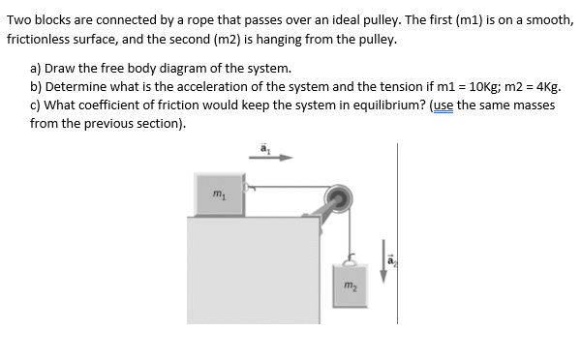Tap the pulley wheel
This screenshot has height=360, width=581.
click(x=338, y=201)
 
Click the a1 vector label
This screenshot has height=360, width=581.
click(x=262, y=146)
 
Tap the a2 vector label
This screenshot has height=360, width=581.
click(x=392, y=258)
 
